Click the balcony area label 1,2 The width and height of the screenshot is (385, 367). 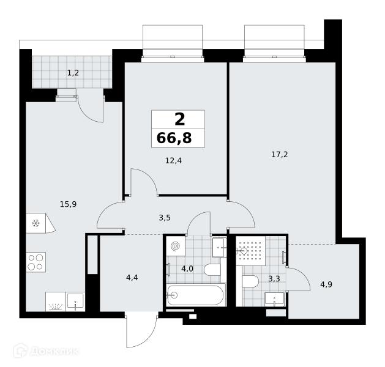click(73, 73)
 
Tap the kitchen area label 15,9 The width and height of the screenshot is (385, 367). click(69, 204)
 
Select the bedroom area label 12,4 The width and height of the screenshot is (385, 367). click(174, 161)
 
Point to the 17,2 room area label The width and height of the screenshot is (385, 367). click(280, 155)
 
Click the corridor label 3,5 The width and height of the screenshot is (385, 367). click(165, 218)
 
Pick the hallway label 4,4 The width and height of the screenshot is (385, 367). click(132, 278)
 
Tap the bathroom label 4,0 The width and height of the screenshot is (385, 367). click(187, 269)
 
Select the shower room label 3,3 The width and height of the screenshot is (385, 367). click(274, 279)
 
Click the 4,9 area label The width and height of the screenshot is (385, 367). click(326, 284)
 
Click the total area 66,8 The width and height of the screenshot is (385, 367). click(174, 138)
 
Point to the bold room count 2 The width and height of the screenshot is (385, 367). click(180, 119)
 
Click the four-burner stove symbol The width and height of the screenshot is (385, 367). click(36, 262)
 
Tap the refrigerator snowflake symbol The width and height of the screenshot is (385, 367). click(36, 223)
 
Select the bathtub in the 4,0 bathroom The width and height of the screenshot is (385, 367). click(196, 295)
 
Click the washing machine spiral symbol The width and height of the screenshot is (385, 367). click(176, 247)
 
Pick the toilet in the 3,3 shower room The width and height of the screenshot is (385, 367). click(250, 281)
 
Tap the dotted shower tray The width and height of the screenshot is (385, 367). click(250, 251)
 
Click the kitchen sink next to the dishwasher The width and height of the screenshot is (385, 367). click(75, 302)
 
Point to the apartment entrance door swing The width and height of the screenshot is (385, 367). click(141, 331)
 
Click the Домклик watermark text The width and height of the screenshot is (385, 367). click(54, 352)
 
